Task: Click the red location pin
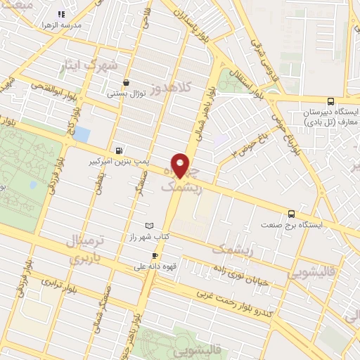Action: pyautogui.click(x=181, y=165)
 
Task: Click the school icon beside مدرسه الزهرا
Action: pyautogui.click(x=61, y=13)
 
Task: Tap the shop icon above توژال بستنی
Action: pyautogui.click(x=126, y=82)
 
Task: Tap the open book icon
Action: pyautogui.click(x=148, y=226)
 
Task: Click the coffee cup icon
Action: pyautogui.click(x=139, y=267)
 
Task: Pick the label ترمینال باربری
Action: pyautogui.click(x=84, y=250)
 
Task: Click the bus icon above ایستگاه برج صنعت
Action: pyautogui.click(x=291, y=214)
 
